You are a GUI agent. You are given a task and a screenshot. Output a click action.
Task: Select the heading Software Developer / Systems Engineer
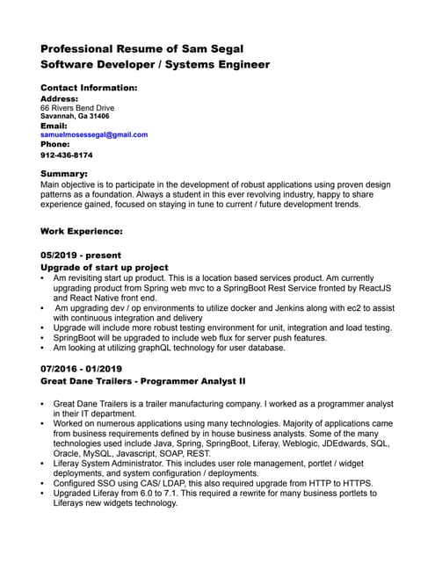point(155,65)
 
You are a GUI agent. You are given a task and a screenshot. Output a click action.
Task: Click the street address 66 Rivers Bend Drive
point(77,108)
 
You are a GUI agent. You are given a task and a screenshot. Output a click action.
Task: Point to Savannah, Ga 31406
point(75,116)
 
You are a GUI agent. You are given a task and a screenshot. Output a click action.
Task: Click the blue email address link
point(94,135)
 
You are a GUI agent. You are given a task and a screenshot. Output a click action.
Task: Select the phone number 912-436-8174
point(67,155)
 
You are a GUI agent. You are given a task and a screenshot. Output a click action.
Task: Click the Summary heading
point(64,174)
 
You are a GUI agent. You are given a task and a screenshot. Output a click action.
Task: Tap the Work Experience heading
point(82,232)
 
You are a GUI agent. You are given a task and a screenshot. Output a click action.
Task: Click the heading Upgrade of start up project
point(105,267)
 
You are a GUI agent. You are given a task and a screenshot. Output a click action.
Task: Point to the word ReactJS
point(374,288)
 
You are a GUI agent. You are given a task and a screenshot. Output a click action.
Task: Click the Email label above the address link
point(54,126)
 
